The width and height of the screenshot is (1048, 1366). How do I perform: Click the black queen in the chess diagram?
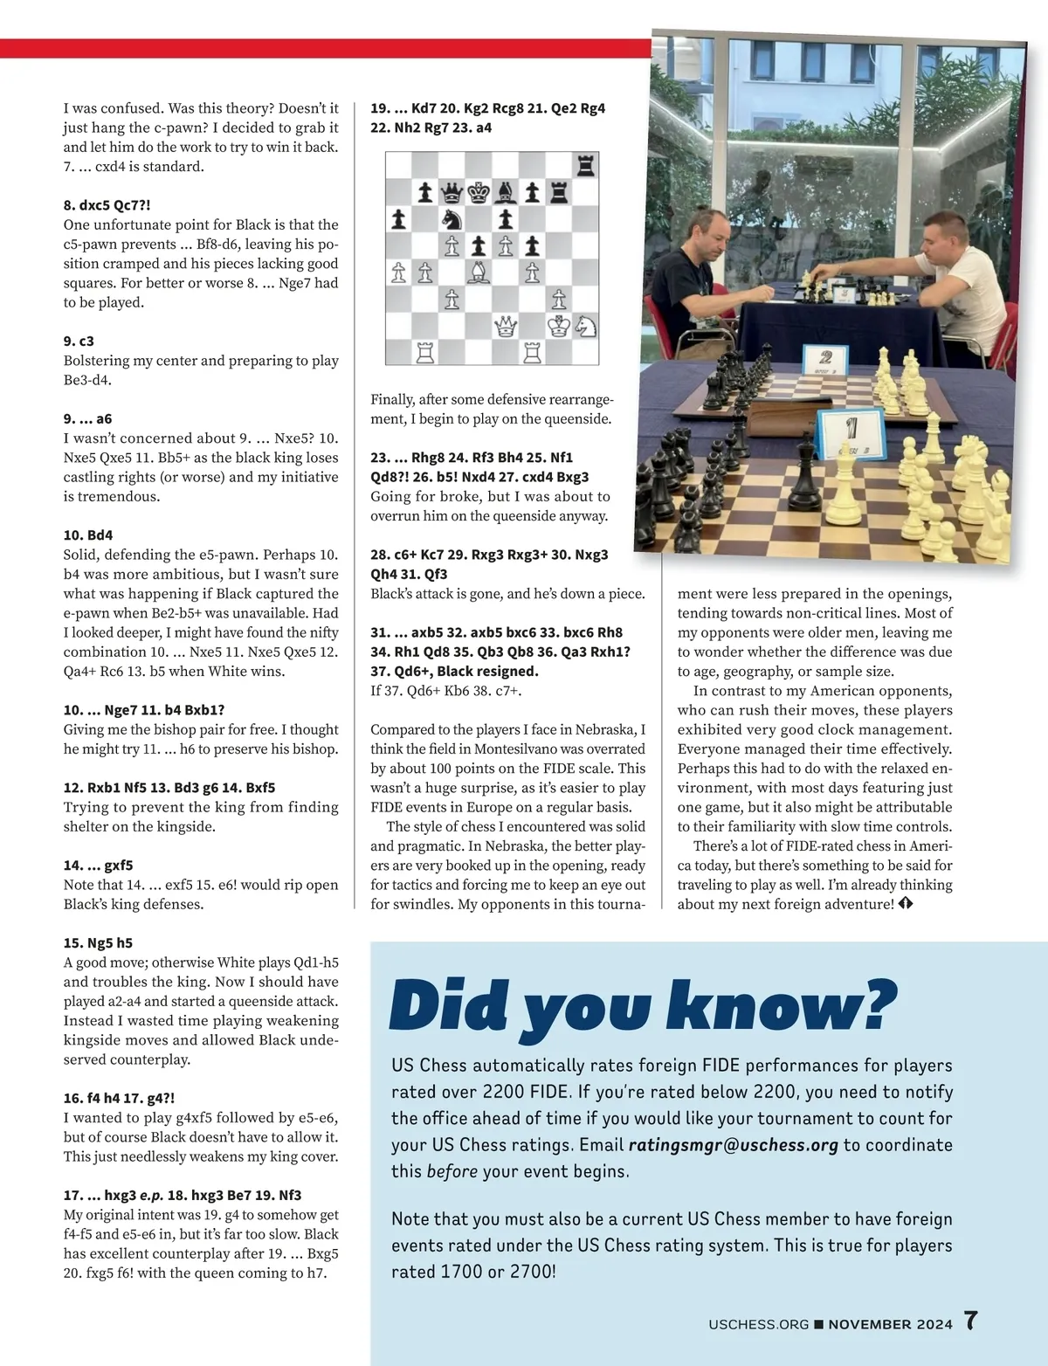[452, 192]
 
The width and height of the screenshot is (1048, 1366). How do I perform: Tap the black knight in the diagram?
[452, 219]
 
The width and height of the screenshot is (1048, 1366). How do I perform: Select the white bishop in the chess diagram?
[479, 273]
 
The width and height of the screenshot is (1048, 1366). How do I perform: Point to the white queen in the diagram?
[506, 327]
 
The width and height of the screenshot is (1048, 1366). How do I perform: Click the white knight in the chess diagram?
[586, 327]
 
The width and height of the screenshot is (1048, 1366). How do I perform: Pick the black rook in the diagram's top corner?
[586, 165]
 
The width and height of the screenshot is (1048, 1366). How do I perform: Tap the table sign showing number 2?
[825, 358]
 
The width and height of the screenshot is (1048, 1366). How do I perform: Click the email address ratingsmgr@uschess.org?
[733, 1145]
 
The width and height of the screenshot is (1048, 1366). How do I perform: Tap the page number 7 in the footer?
[971, 1321]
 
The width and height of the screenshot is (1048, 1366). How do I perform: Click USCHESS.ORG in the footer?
[758, 1324]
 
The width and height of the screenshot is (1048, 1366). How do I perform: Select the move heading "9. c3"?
[79, 341]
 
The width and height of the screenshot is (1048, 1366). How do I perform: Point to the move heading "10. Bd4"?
[88, 535]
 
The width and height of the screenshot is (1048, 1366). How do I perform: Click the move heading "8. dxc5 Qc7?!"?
[107, 205]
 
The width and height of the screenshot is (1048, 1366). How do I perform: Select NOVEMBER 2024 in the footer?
[890, 1324]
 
